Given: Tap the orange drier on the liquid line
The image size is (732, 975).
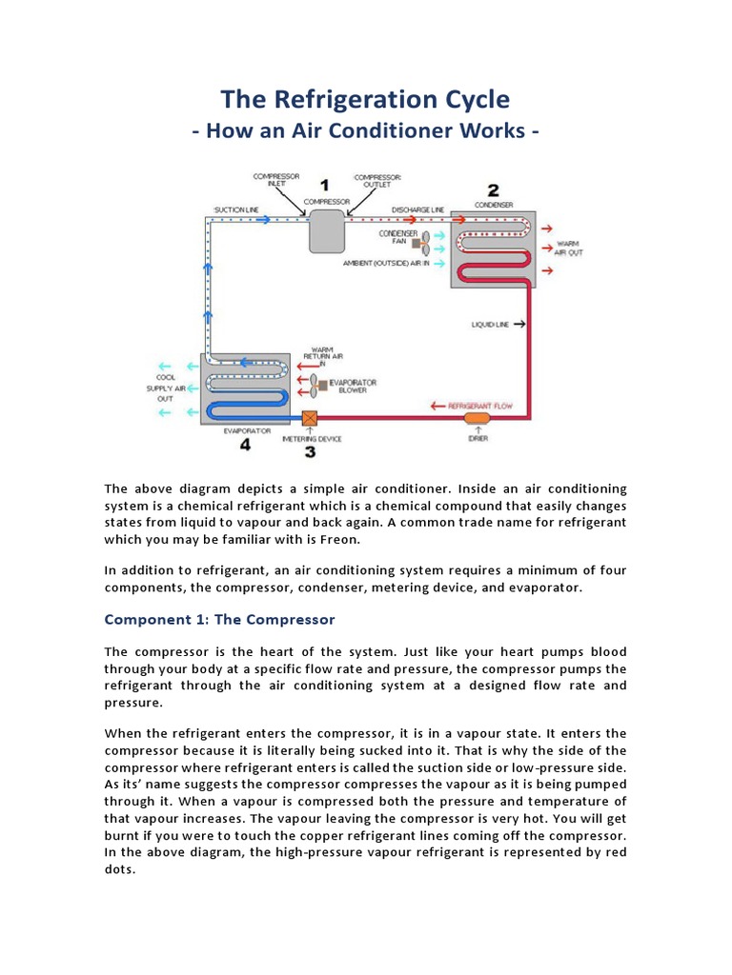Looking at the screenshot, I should click(476, 418).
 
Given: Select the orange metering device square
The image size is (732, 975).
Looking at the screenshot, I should click(309, 418).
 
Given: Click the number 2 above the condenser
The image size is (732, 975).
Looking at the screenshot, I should click(493, 189).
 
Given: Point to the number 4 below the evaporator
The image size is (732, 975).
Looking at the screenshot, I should click(245, 445).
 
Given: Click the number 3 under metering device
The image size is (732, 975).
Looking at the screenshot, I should click(310, 451).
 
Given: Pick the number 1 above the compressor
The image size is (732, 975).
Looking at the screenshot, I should click(325, 185).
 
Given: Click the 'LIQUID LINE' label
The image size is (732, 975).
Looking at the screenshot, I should click(491, 325).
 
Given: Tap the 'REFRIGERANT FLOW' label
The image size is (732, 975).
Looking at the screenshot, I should click(486, 406).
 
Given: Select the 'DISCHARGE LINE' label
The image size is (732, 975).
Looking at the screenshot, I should click(417, 209).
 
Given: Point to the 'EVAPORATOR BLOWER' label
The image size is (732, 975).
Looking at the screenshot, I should click(352, 386).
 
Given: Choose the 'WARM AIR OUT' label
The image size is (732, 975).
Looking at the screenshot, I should click(568, 248).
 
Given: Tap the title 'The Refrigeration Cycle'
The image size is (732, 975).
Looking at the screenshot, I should click(365, 99).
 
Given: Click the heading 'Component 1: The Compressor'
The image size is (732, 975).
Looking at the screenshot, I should click(219, 620).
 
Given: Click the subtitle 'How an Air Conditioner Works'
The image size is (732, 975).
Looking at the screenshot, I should click(365, 130).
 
